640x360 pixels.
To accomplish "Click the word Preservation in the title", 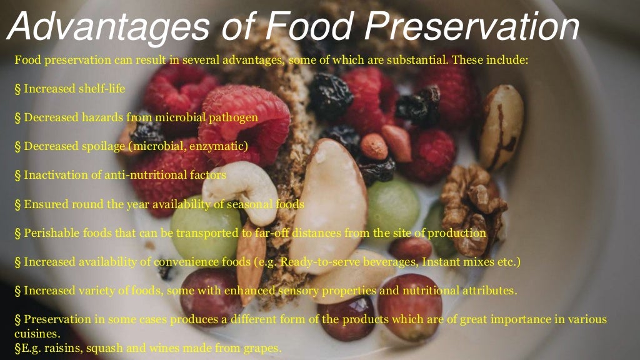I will (x=472, y=28).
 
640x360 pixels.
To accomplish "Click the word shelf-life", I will (x=101, y=89).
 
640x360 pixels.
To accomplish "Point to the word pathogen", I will (x=234, y=117).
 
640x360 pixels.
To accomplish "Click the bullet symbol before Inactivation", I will (x=17, y=175).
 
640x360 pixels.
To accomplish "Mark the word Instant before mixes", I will (x=441, y=261).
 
